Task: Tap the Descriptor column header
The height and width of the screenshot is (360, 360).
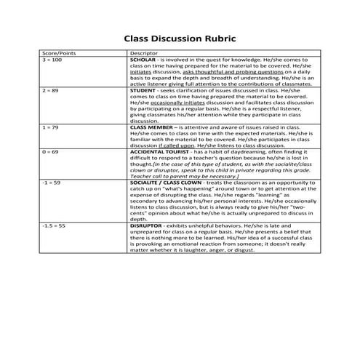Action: click(143, 54)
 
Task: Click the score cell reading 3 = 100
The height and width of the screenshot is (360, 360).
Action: click(52, 60)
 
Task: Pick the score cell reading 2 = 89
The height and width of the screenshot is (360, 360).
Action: click(50, 91)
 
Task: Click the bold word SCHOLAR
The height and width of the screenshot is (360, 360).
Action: click(144, 60)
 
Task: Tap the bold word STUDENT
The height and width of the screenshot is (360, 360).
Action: click(143, 91)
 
